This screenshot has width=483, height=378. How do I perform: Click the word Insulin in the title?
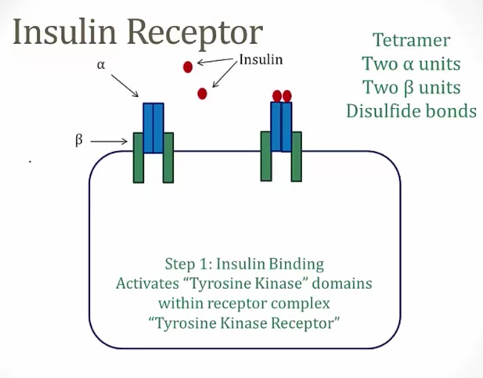pos(66,32)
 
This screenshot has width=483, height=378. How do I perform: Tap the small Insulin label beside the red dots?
pos(261,59)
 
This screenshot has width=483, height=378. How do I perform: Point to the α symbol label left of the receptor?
pos(101,66)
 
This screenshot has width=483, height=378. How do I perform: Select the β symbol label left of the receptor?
pos(78,142)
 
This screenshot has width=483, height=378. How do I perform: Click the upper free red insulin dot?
pos(188,67)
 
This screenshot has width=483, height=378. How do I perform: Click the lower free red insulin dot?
pos(202,94)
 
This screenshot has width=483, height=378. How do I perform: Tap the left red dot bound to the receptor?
pos(277,96)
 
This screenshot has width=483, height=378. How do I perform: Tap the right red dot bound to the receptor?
pos(287,96)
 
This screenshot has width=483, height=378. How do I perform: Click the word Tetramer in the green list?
pos(411,39)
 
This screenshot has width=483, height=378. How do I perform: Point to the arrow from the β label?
pos(110,142)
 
